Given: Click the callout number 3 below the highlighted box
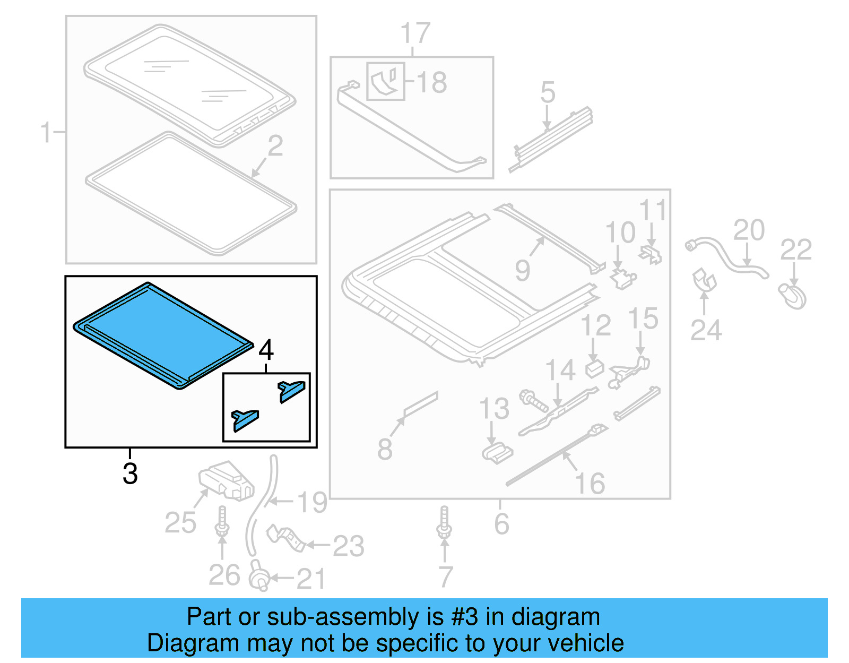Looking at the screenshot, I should (x=130, y=473).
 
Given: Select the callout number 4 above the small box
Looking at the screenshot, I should (x=266, y=350).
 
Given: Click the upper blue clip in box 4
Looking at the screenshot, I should (x=291, y=391).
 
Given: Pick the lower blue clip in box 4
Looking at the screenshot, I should (x=245, y=419).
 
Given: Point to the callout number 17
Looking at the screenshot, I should (x=415, y=34).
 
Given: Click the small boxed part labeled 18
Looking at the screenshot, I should (x=386, y=81).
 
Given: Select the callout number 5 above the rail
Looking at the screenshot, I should (x=548, y=93).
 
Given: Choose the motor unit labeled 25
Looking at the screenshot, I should (x=226, y=481).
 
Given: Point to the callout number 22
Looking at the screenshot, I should (x=795, y=249).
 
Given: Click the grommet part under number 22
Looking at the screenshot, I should (x=792, y=296).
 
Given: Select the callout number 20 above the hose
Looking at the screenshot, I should (x=749, y=230).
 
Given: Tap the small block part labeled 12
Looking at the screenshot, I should (x=594, y=368).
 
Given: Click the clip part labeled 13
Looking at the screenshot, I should (x=497, y=453).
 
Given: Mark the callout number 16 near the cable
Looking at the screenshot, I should (x=590, y=484).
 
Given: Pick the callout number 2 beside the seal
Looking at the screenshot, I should (x=275, y=146).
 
